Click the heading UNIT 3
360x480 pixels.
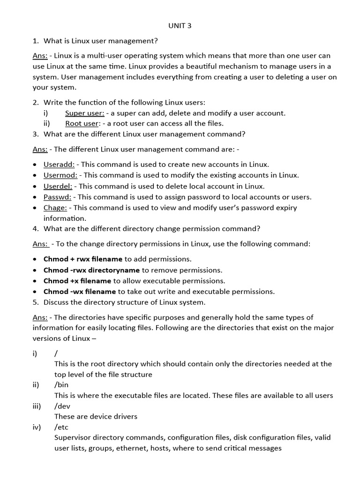tap(180, 26)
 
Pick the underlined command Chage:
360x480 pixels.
tap(55, 208)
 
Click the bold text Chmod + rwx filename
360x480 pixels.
tap(83, 259)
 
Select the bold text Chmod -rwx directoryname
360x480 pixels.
tap(91, 270)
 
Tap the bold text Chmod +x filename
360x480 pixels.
tap(77, 281)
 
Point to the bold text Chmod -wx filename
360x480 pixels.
tap(79, 292)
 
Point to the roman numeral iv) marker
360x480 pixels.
tap(37, 427)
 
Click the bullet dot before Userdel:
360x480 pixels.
tap(35, 187)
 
